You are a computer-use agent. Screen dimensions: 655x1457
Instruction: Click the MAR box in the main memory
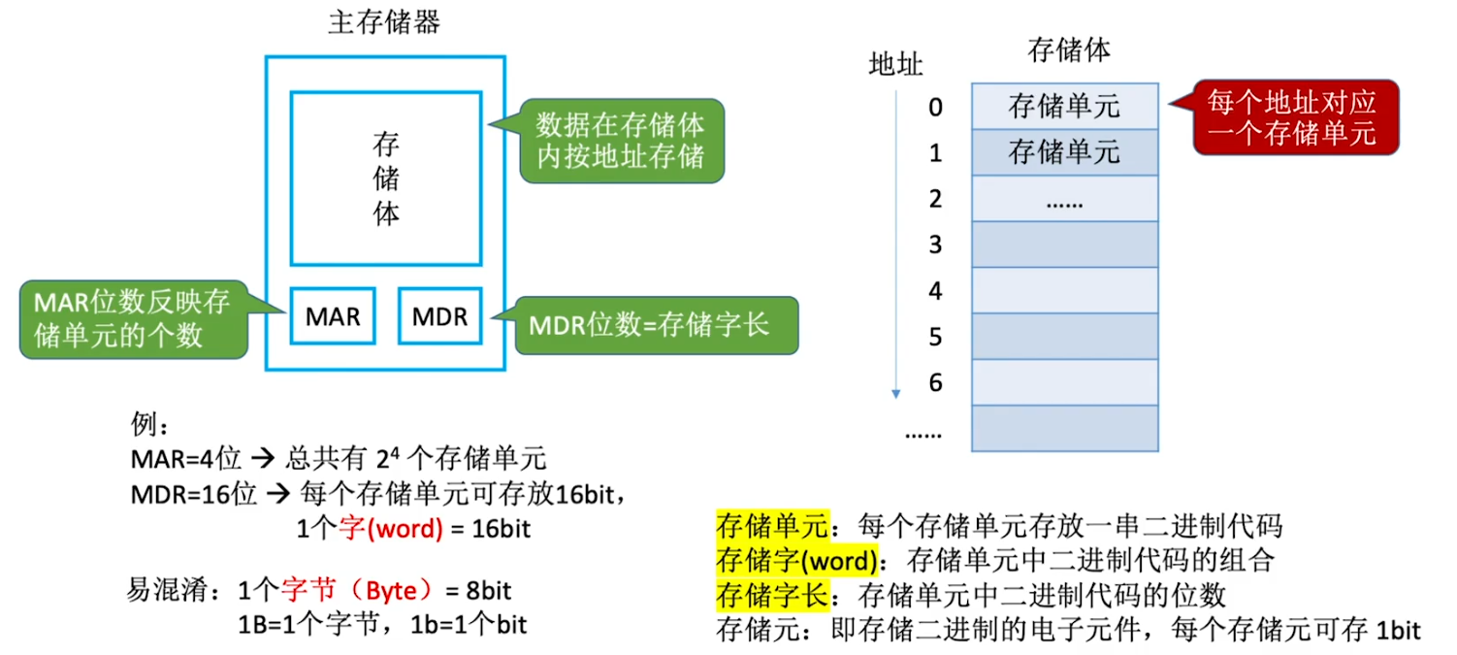pos(333,315)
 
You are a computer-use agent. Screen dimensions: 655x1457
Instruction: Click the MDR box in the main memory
pos(439,315)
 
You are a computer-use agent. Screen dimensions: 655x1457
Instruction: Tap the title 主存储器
pos(384,22)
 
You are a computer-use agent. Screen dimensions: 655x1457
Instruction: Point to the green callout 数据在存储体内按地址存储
pos(621,140)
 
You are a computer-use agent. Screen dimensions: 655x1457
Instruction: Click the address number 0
pos(935,107)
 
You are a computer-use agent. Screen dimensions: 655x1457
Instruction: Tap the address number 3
pos(935,245)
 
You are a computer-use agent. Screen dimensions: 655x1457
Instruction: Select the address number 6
pos(935,382)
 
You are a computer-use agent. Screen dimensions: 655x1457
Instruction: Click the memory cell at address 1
pos(1064,152)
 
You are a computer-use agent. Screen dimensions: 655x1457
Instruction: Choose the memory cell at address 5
pos(1064,336)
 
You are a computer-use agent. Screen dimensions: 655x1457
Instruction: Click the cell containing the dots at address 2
pos(1064,199)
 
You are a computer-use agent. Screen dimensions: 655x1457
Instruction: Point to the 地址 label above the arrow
pos(895,65)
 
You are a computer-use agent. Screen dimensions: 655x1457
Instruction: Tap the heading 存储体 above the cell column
pos(1067,49)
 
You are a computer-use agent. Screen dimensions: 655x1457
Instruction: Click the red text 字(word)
pos(388,530)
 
